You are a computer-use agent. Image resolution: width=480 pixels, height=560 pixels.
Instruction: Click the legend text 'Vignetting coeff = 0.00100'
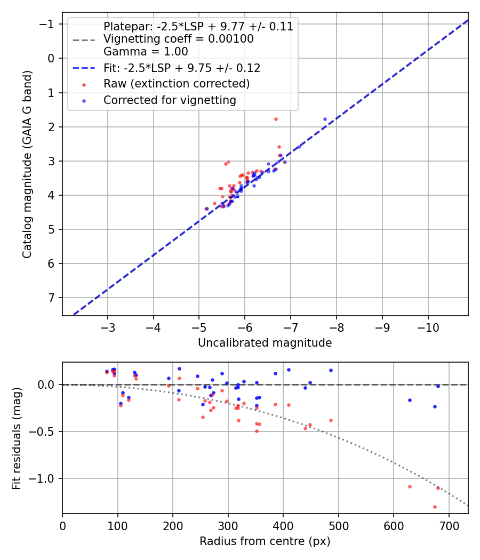coord(179,39)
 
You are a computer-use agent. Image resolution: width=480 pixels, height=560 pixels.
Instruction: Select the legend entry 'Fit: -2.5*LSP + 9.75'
coord(182,68)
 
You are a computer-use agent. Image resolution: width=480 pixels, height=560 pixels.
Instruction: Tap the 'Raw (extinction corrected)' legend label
coord(177,84)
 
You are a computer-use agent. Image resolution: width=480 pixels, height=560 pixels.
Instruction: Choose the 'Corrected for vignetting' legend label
coord(170,100)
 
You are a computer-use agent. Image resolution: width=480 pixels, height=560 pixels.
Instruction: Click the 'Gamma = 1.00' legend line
coord(146,52)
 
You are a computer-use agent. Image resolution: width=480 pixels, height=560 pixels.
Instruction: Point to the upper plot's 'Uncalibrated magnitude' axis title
coord(265,343)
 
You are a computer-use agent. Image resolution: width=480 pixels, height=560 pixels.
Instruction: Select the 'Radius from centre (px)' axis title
coord(265,541)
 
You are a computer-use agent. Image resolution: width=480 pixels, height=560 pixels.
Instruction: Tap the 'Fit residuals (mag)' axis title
coord(17,438)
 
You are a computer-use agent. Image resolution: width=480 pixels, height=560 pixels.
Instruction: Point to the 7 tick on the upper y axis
coord(52,298)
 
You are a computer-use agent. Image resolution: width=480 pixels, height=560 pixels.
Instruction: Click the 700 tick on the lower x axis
coord(449,525)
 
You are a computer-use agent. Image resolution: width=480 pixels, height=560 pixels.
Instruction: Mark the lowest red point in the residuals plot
coord(435,507)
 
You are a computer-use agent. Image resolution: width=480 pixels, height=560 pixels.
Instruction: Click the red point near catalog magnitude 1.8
coord(276,119)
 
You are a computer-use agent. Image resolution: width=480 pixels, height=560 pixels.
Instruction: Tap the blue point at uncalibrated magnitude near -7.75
coord(325,119)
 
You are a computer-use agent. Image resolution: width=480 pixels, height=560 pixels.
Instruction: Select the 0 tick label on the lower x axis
coord(62,525)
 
